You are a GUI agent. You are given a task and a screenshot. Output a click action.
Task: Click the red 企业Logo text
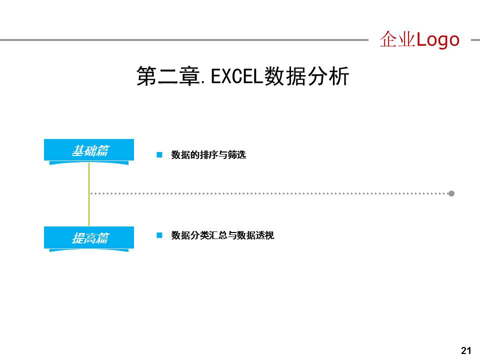pos(419,39)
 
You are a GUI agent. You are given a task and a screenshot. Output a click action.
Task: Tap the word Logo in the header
pos(437,39)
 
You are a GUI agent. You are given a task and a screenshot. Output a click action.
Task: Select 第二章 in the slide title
pos(167,76)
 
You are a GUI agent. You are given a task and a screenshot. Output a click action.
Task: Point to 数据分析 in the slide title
pos(306,76)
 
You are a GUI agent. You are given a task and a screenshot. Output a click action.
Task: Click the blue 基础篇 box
pos(89,150)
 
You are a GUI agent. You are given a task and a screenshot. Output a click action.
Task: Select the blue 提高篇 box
pos(89,237)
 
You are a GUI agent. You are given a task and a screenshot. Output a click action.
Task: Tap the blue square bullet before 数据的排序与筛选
pos(159,155)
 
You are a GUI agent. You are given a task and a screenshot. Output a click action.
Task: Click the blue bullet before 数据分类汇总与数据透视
pos(159,235)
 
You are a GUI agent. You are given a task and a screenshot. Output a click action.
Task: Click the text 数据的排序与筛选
pos(208,155)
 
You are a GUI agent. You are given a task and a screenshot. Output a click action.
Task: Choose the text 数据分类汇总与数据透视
pos(222,235)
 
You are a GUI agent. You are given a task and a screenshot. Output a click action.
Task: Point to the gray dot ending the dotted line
pos(451,193)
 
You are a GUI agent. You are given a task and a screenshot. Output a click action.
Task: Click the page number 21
pos(466,350)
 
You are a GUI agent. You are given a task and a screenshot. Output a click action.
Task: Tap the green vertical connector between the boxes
pos(89,195)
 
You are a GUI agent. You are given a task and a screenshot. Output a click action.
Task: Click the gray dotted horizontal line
pos(270,193)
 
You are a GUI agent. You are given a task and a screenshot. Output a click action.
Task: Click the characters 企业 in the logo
pos(397,39)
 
